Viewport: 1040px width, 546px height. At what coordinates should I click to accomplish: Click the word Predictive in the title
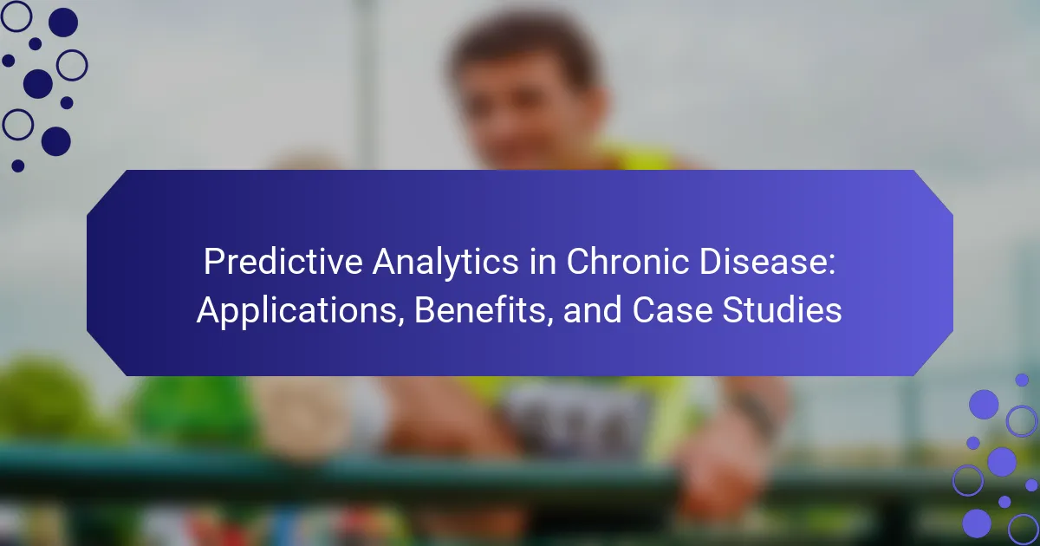coord(283,263)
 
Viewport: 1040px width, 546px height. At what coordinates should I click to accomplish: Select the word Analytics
coord(445,263)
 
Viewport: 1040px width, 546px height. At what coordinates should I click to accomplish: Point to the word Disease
coord(762,262)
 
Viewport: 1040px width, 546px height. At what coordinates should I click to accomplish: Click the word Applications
coord(297,311)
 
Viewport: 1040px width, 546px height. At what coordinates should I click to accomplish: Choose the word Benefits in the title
coord(479,310)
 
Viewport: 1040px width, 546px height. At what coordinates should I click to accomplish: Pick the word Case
coord(672,310)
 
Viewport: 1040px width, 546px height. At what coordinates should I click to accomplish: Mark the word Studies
coord(782,310)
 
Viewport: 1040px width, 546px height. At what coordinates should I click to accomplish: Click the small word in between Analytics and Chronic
coord(543,262)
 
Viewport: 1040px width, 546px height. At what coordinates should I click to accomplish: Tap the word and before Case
coord(592,310)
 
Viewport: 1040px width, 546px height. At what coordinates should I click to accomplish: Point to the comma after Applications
coord(401,322)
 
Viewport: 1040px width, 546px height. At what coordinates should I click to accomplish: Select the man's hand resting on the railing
coord(719,469)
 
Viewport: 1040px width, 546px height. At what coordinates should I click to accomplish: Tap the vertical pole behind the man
coord(367,83)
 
